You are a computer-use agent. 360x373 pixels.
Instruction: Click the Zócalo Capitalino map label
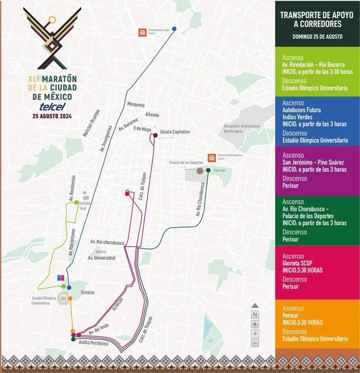(175, 132)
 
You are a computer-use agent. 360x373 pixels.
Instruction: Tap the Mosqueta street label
(136, 104)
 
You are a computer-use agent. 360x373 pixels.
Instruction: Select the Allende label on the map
(152, 115)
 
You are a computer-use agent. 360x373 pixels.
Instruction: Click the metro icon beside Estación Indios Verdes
(142, 32)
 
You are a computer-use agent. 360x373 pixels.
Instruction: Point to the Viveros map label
(100, 251)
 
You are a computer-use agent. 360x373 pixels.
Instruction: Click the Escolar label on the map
(87, 292)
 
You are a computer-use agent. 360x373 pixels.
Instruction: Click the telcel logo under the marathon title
(52, 106)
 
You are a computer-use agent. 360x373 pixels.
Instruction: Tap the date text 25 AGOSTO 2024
(52, 116)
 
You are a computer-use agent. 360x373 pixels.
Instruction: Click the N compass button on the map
(255, 314)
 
